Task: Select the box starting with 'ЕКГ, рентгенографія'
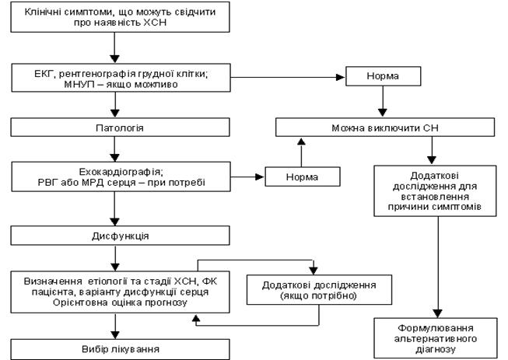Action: [x=116, y=77]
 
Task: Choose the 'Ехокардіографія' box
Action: [x=116, y=177]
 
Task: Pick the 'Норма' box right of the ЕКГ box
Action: [x=382, y=78]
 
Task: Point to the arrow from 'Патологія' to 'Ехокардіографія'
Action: [x=116, y=147]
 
